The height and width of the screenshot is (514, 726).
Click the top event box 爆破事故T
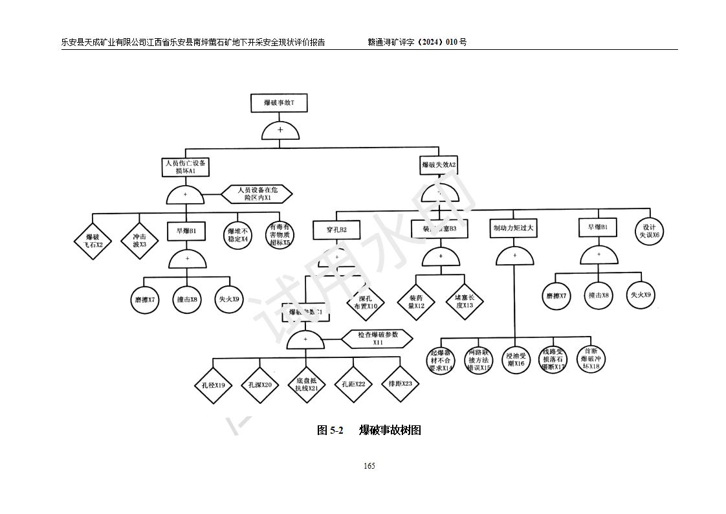point(280,104)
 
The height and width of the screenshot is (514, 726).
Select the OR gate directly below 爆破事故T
point(280,131)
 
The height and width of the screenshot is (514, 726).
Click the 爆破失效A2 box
point(439,165)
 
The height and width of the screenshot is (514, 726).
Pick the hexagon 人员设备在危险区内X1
point(257,194)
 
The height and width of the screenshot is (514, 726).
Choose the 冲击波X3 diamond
point(140,240)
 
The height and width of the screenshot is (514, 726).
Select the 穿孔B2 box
point(336,229)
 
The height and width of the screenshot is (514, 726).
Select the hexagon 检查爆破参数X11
point(378,338)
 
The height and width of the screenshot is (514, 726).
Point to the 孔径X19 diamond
point(213,385)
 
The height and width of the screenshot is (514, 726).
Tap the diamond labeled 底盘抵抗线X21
point(306,385)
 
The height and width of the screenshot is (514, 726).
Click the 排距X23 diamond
point(400,383)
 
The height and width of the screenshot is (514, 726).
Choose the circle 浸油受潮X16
point(515,359)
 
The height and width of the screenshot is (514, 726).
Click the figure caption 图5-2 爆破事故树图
point(369,430)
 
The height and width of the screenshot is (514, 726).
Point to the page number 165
point(369,466)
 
